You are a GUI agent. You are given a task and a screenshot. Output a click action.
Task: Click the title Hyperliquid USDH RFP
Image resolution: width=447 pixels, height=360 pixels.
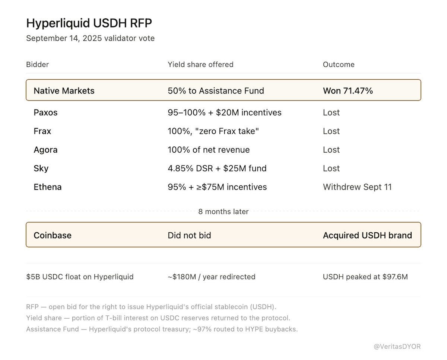89,23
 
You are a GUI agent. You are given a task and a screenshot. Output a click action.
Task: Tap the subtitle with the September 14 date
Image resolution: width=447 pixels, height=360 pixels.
91,38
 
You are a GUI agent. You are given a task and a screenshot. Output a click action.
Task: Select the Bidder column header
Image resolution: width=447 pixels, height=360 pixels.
37,64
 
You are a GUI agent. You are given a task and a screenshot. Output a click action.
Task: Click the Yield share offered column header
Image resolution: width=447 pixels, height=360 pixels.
200,64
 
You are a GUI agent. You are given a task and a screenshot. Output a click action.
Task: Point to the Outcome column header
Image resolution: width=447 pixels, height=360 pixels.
339,64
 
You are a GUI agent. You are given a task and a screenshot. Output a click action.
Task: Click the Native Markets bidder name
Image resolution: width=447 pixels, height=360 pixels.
64,91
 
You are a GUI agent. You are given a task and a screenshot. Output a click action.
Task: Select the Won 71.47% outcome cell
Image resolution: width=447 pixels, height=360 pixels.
348,91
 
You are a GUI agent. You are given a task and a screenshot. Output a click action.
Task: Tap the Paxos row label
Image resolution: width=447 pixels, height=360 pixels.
45,112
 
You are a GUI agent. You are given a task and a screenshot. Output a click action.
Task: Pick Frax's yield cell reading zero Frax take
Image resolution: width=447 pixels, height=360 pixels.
213,131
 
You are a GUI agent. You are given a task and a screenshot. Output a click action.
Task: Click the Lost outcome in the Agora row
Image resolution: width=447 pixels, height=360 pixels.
331,150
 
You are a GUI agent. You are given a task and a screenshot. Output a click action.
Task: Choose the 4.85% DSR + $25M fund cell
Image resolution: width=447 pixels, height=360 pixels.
217,168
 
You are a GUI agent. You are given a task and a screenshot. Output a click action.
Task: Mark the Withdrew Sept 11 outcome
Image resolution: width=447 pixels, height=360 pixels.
357,187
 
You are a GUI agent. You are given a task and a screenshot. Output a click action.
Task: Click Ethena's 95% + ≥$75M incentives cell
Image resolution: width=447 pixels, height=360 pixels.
217,187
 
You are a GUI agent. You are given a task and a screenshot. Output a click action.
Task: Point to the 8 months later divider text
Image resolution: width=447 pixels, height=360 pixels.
223,211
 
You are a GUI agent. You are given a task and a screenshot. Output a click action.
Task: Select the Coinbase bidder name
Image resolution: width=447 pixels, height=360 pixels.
53,235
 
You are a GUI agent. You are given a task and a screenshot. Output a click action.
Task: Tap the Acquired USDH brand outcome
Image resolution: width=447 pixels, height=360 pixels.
367,235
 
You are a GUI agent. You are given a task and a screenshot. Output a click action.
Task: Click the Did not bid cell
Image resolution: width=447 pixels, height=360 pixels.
189,235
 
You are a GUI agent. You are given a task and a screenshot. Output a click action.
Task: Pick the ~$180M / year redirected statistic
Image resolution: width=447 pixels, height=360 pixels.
212,277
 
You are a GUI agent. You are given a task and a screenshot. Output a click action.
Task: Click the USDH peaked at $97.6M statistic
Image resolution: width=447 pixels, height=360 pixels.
365,277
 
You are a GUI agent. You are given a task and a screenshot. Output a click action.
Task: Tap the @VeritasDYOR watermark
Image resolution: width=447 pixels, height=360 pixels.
397,347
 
